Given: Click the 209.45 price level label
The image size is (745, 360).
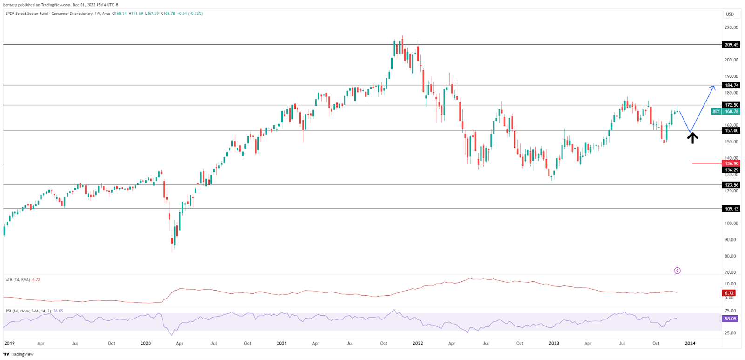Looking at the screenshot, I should click(x=731, y=45).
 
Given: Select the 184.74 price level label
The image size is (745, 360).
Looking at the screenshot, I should click(x=731, y=85).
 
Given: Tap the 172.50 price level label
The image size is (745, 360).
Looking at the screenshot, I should click(x=731, y=105).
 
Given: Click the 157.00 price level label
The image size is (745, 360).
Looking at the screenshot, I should click(x=731, y=131).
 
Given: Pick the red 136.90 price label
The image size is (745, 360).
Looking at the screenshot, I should click(x=731, y=163).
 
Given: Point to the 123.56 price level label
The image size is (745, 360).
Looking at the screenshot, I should click(x=731, y=185).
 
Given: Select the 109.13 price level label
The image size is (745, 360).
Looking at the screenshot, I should click(x=731, y=209).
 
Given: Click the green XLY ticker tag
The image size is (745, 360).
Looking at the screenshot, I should click(x=716, y=111).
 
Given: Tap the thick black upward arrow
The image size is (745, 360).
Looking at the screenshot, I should click(x=692, y=138).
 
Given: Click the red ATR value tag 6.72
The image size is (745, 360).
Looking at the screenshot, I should click(x=729, y=293).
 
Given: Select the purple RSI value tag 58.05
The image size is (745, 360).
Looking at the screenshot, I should click(x=730, y=319).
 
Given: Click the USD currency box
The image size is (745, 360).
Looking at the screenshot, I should click(x=730, y=14).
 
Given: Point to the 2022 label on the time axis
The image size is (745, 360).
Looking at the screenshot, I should click(x=418, y=343).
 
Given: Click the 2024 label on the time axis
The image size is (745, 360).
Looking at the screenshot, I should click(x=690, y=343).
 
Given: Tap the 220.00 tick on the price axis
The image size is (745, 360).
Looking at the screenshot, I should click(x=731, y=27).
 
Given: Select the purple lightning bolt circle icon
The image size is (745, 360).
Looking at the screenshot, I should click(x=677, y=271).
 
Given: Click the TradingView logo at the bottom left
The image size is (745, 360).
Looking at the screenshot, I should click(x=19, y=354).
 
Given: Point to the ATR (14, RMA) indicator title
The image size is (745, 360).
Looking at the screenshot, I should click(x=18, y=280).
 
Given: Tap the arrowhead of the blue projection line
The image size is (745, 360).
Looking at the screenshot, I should click(x=713, y=86).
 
